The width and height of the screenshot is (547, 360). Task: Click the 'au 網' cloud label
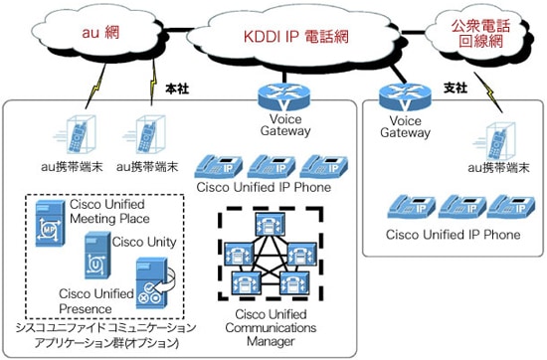pos(100,33)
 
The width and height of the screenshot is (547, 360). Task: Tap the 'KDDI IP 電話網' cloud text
pos(295,37)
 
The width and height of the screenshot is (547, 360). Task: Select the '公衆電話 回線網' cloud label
pos(480,34)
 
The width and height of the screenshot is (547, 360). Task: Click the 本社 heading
pos(177,89)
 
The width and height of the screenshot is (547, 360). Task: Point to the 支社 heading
pos(456,88)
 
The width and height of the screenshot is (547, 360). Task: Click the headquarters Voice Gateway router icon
pos(284,96)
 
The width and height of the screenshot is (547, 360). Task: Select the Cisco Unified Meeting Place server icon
pos(51,223)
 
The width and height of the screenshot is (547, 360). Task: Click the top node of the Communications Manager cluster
pos(271,225)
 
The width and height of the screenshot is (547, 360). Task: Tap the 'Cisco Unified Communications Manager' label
pos(271,328)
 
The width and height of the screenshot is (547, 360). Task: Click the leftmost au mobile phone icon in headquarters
pos(76,135)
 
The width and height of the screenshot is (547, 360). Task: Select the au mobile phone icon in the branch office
pos(494,141)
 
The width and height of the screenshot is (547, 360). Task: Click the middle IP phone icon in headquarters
pos(272,167)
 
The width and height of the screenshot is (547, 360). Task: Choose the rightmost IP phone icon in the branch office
pos(511,207)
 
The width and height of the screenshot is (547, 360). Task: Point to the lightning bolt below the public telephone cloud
pos(487,92)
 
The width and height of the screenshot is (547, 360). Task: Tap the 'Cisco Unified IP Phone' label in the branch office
pos(454,235)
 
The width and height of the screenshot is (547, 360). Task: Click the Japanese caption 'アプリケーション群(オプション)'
pos(106,342)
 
